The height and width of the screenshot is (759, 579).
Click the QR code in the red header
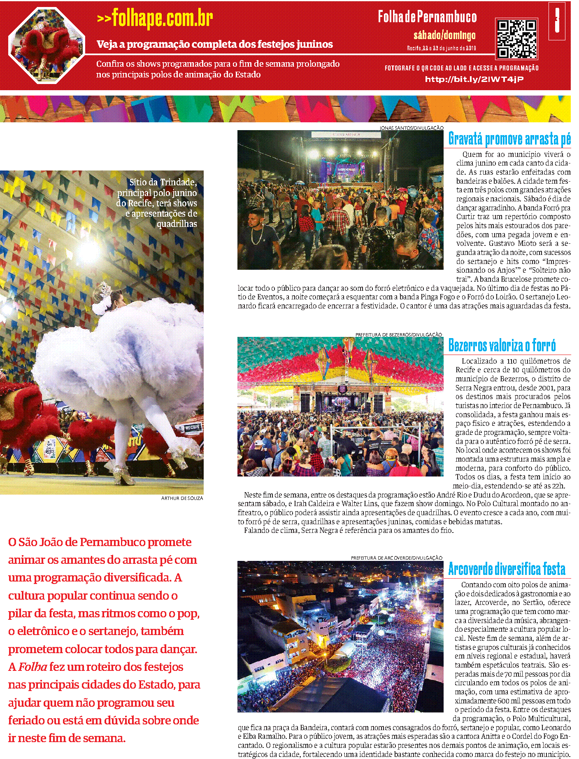tap(516, 39)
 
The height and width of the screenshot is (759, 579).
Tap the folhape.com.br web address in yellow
tap(155, 18)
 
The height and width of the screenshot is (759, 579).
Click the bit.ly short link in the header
tap(474, 79)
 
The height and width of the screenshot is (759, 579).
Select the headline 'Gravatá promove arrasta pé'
tap(509, 139)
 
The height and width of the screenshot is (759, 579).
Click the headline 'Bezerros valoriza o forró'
tap(502, 345)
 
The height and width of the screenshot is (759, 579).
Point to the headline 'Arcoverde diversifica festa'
tap(507, 569)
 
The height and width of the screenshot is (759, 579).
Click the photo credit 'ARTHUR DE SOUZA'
tap(182, 498)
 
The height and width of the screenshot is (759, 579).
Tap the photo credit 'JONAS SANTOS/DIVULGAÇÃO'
tap(411, 128)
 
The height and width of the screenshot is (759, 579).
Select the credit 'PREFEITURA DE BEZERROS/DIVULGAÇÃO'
tap(399, 335)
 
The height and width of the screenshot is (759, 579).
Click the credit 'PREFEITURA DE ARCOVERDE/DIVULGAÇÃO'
tap(396, 558)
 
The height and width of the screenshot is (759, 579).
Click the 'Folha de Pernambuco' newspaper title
tap(427, 17)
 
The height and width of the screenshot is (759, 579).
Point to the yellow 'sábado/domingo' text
tap(444, 35)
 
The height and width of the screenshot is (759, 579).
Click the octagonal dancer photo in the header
tap(47, 45)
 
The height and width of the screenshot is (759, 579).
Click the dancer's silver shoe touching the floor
tap(123, 478)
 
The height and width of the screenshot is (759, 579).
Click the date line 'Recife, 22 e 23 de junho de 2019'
tap(442, 48)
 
